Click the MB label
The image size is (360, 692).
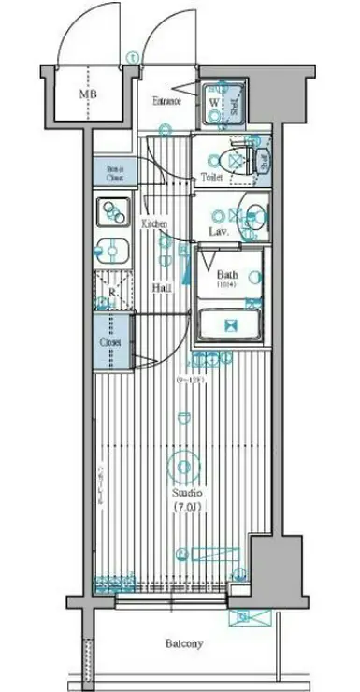86,94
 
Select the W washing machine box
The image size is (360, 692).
215,102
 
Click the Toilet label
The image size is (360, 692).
211,177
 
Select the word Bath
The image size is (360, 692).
227,274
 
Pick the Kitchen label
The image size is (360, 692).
154,224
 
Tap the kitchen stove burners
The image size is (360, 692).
113,212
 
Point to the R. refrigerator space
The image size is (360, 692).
112,292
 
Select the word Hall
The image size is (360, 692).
161,289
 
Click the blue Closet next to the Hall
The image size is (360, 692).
111,342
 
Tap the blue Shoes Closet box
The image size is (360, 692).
114,172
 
